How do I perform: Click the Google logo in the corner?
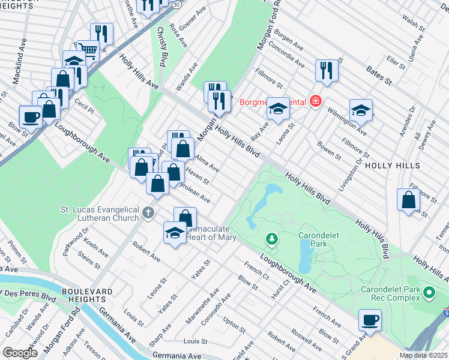pos(20,353)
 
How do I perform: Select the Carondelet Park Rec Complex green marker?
pos(429,293)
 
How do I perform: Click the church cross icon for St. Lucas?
pos(148,212)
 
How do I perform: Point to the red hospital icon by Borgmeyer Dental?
pos(315,101)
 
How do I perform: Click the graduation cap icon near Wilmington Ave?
pos(361,110)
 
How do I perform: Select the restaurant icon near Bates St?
pos(327,70)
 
